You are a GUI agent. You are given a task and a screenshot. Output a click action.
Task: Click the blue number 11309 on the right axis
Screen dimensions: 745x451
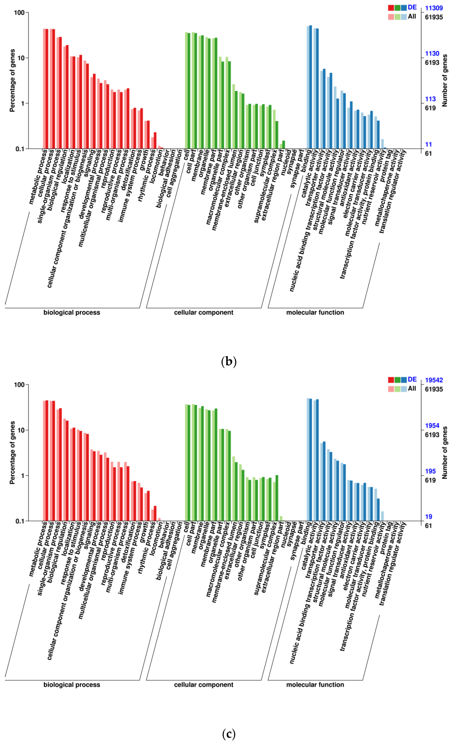(x=434, y=8)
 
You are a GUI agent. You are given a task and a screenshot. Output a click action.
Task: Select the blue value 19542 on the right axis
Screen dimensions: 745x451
(x=434, y=380)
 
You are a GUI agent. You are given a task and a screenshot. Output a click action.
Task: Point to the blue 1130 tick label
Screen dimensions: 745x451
(x=432, y=54)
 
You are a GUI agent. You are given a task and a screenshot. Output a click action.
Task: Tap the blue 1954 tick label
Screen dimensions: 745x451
(x=432, y=426)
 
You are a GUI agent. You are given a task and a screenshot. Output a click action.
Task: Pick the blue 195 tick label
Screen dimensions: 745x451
(x=430, y=471)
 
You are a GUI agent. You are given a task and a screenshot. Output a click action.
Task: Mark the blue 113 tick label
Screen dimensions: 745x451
(x=430, y=99)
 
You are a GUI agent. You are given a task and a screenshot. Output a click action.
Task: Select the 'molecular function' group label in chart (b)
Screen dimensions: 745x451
(x=315, y=312)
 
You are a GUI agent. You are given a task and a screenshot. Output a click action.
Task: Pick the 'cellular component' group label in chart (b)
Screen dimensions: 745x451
(x=203, y=312)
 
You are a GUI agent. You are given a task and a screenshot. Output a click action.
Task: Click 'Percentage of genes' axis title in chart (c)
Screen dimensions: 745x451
(x=12, y=453)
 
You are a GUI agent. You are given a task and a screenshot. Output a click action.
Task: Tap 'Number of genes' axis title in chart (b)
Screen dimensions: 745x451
(x=444, y=80)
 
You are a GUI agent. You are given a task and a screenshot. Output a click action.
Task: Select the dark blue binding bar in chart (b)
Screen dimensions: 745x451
(x=310, y=87)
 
